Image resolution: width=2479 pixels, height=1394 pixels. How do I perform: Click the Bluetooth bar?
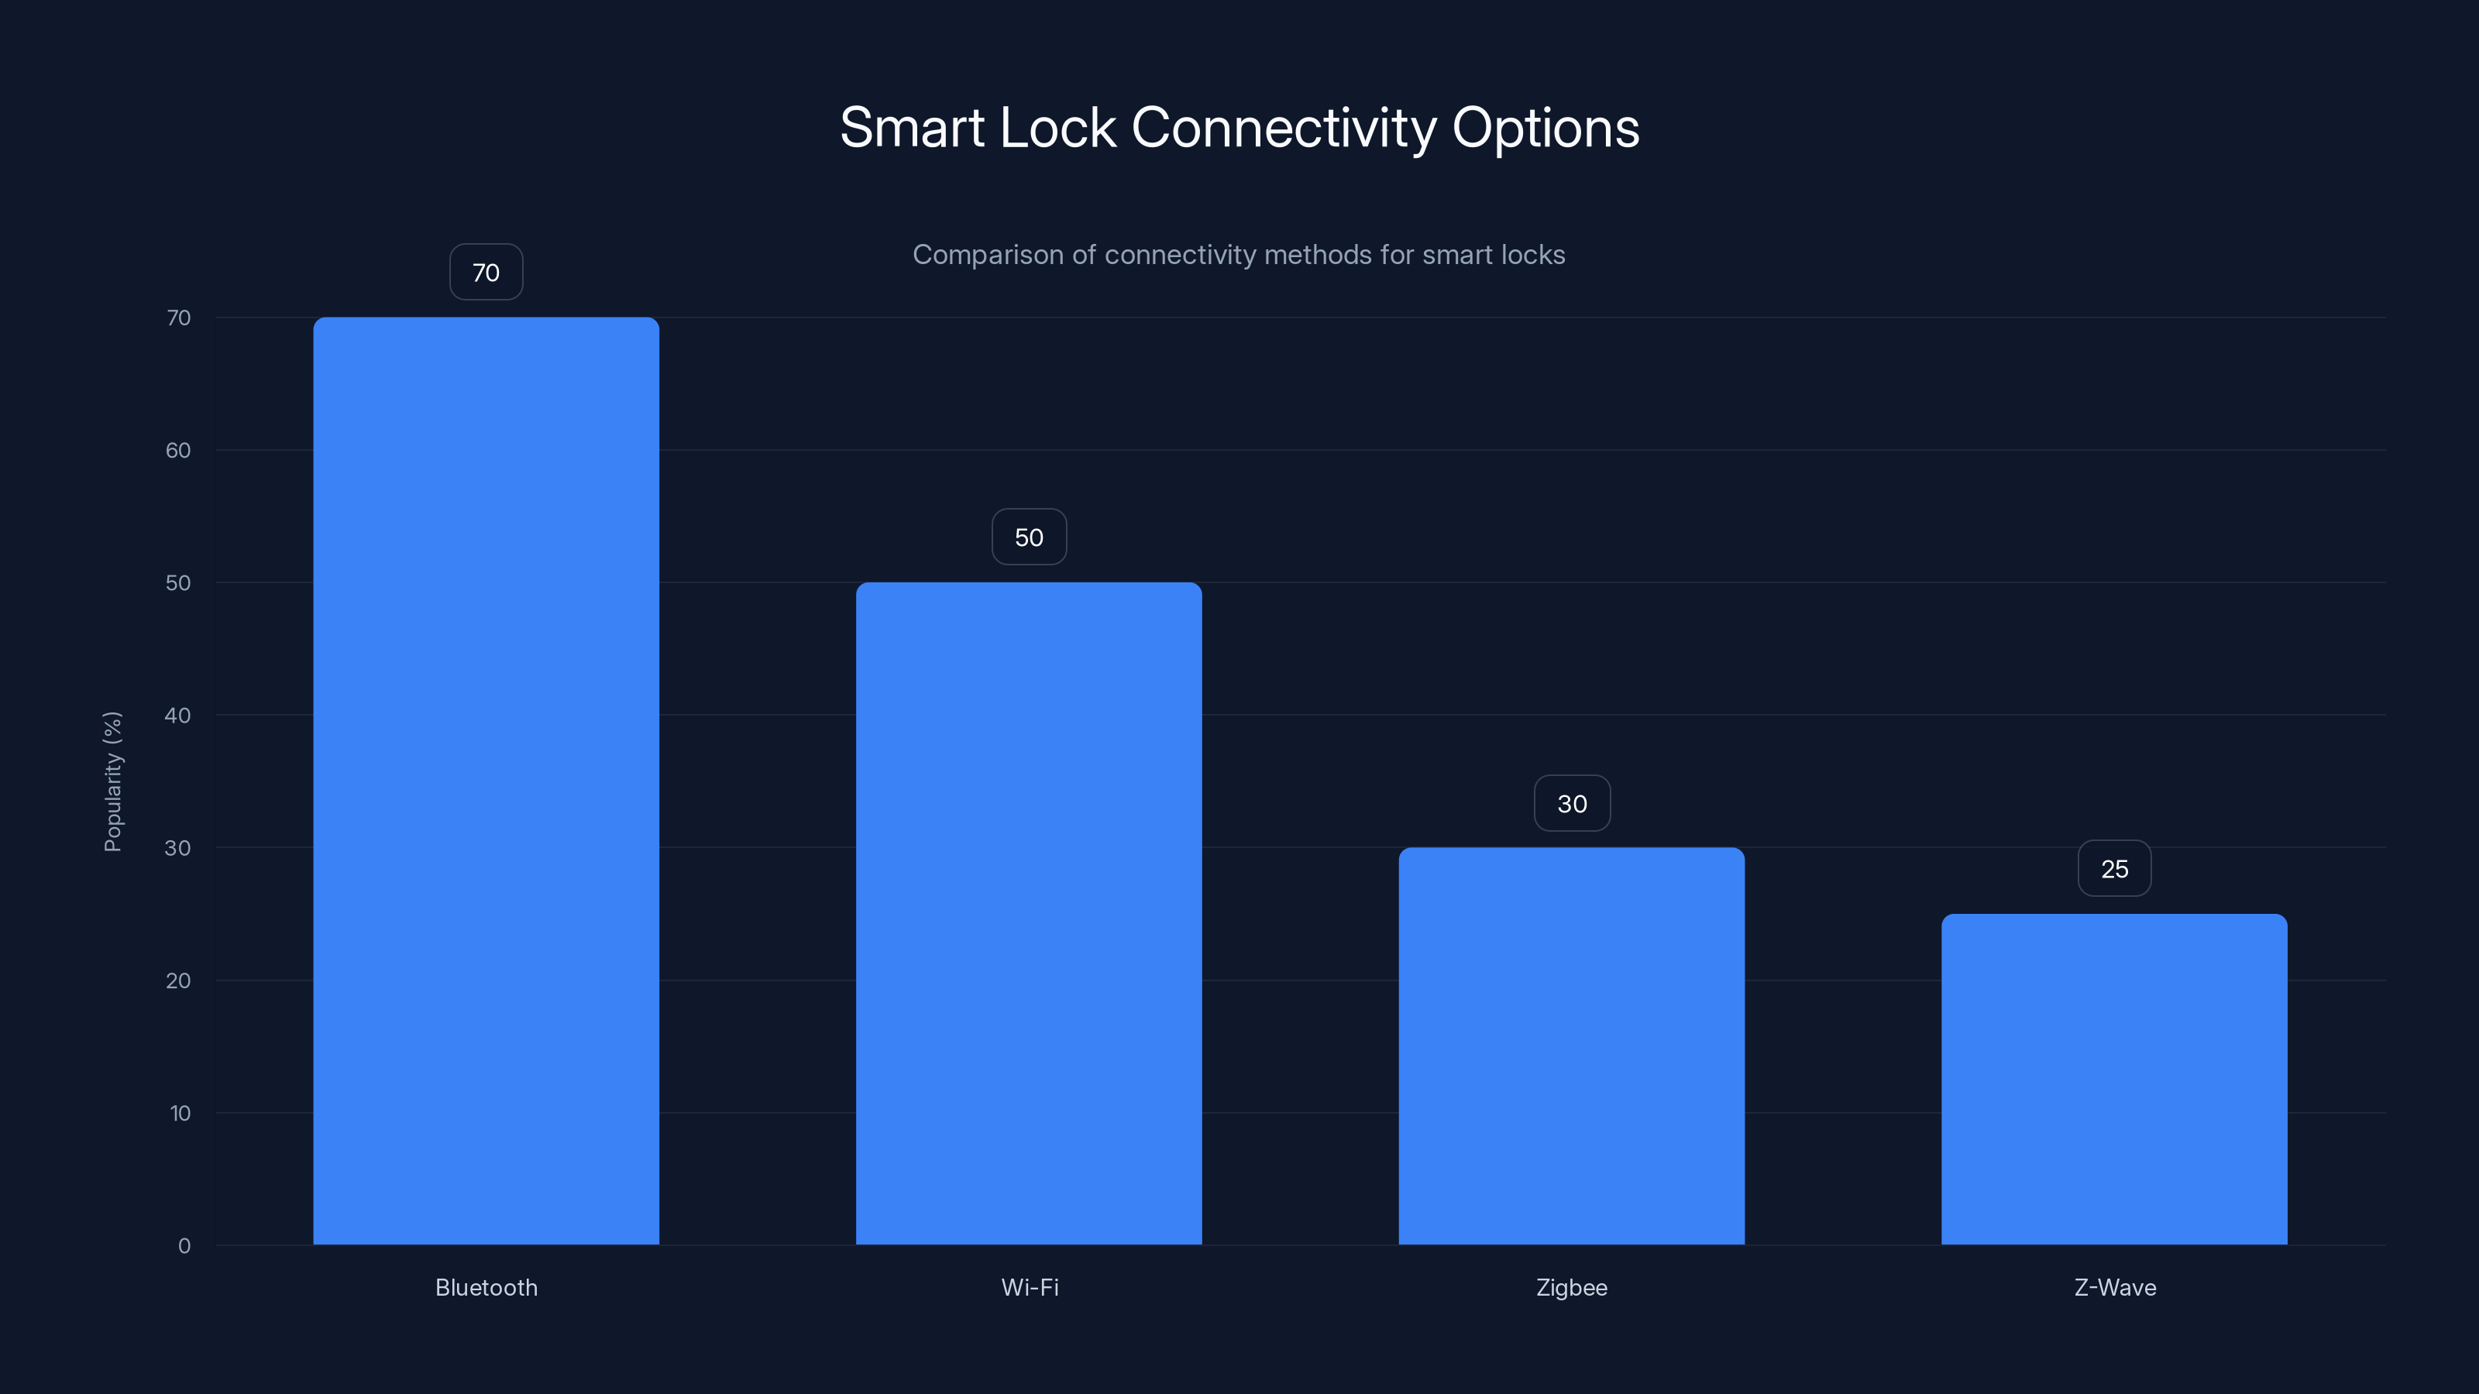tap(486, 780)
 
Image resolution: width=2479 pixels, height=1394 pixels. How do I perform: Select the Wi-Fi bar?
tap(1029, 913)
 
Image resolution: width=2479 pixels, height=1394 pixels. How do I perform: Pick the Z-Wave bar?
tap(2114, 1079)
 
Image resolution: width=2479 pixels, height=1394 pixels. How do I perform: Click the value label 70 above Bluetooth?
tap(486, 273)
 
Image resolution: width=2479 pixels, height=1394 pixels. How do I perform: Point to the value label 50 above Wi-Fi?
tap(1029, 537)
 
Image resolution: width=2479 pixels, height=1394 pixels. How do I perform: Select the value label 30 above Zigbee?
tap(1572, 803)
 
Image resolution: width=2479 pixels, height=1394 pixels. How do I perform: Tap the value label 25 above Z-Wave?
tap(2114, 869)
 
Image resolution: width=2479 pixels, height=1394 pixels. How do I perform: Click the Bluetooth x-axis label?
tap(486, 1287)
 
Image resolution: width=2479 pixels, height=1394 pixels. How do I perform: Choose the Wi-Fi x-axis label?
tap(1030, 1287)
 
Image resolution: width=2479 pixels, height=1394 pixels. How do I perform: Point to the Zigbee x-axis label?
tap(1572, 1287)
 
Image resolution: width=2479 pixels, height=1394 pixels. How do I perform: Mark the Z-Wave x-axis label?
tap(2114, 1287)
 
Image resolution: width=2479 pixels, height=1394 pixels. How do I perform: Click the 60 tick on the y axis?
tap(178, 450)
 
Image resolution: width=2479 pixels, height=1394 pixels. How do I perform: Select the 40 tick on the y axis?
tap(178, 715)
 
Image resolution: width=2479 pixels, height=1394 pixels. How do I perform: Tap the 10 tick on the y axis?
tap(180, 1113)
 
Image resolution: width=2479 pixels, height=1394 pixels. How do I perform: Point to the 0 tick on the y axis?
tap(184, 1246)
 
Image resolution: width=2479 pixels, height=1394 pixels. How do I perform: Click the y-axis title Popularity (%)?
tap(112, 781)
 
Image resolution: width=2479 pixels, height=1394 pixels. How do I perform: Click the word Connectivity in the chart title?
tap(1284, 128)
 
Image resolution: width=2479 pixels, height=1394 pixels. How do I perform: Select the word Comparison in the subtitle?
tap(988, 255)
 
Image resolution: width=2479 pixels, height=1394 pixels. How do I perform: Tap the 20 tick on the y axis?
tap(178, 980)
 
